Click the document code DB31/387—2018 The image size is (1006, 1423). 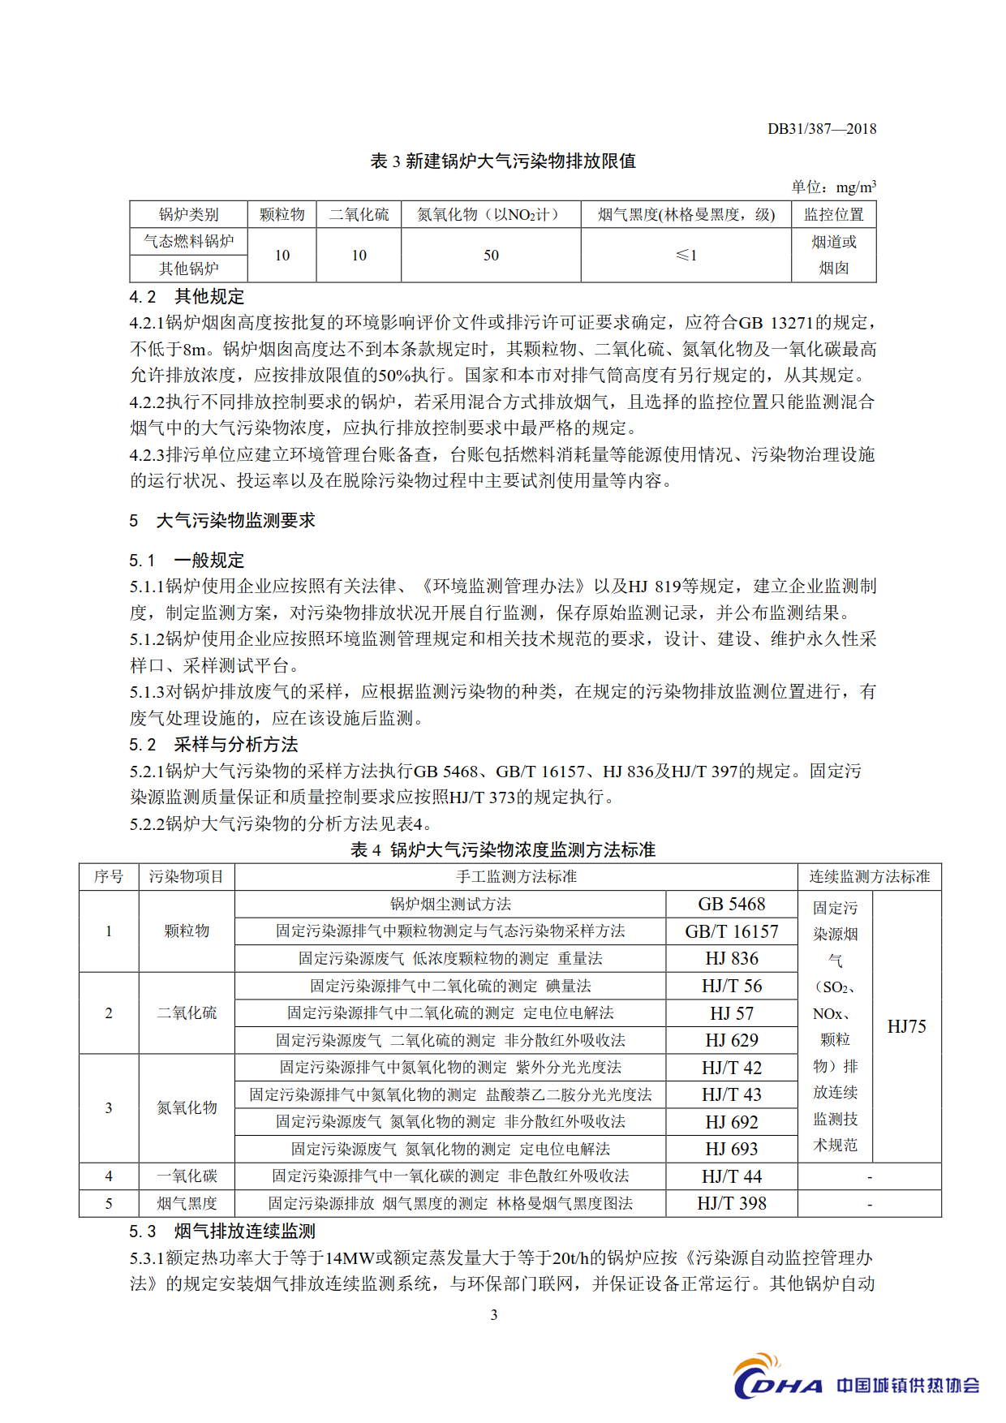pyautogui.click(x=821, y=129)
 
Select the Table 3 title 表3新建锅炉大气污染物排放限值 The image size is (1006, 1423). pyautogui.click(x=503, y=161)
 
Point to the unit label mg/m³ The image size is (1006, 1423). pyautogui.click(x=856, y=187)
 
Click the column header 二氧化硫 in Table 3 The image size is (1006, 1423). pyautogui.click(x=359, y=214)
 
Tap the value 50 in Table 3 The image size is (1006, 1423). pyautogui.click(x=491, y=256)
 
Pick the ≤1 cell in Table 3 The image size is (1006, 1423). pyautogui.click(x=686, y=256)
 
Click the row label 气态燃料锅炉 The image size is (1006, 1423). pyautogui.click(x=188, y=242)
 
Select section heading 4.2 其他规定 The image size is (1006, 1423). pyautogui.click(x=187, y=297)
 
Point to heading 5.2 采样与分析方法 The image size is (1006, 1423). pyautogui.click(x=213, y=745)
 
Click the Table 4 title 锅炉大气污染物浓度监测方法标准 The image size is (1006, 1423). pyautogui.click(x=503, y=849)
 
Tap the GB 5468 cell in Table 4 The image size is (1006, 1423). pyautogui.click(x=731, y=905)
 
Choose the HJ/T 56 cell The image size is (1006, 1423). pyautogui.click(x=731, y=987)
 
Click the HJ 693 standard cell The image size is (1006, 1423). pyautogui.click(x=731, y=1150)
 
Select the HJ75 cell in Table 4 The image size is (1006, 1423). pyautogui.click(x=906, y=1027)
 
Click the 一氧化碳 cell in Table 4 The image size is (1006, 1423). pyautogui.click(x=187, y=1176)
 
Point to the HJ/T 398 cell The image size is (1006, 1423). pyautogui.click(x=731, y=1204)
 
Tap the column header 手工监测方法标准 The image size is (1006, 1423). pyautogui.click(x=516, y=877)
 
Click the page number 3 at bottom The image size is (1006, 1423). pyautogui.click(x=494, y=1315)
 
